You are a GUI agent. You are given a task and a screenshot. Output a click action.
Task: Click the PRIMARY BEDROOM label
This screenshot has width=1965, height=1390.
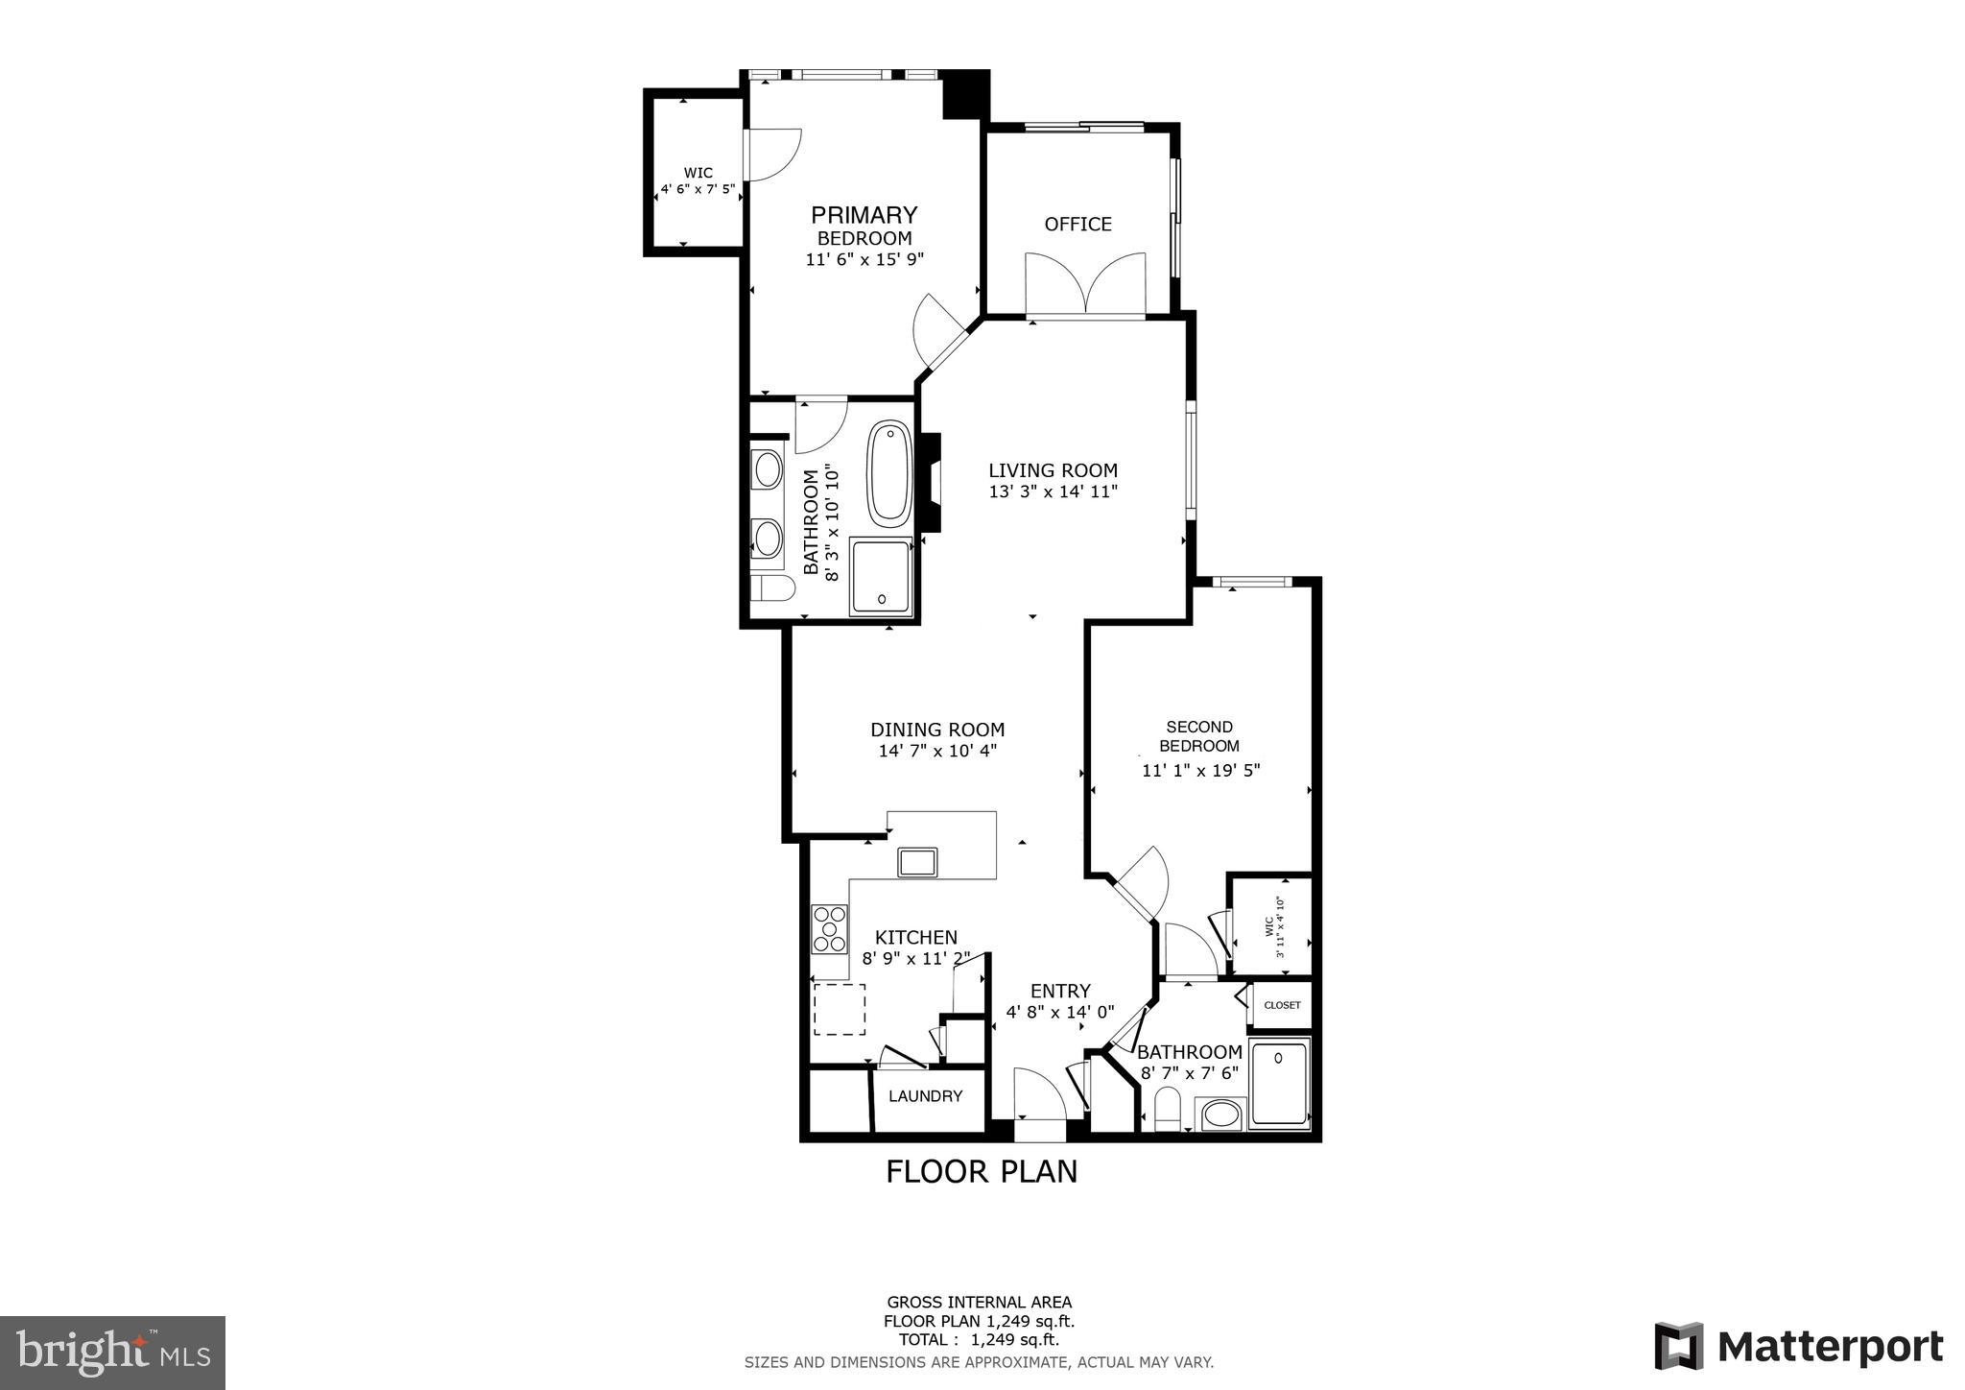[x=864, y=226]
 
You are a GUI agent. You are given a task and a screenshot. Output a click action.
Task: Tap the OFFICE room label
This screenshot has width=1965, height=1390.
[x=1077, y=224]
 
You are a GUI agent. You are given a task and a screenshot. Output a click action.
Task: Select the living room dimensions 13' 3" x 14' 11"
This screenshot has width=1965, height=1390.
[x=1053, y=491]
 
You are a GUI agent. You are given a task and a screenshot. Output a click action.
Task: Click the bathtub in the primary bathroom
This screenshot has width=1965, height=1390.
[x=889, y=473]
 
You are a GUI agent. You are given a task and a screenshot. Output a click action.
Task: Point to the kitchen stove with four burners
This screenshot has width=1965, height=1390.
[x=830, y=928]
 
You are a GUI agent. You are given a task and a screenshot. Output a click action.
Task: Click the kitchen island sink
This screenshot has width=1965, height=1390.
[x=917, y=862]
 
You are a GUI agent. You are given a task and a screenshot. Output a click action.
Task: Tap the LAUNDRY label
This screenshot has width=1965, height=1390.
[x=925, y=1096]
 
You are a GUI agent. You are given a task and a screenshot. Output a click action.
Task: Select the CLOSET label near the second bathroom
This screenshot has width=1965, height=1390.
[x=1282, y=1005]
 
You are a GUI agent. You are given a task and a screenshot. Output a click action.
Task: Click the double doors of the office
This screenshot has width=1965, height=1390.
[x=1085, y=284]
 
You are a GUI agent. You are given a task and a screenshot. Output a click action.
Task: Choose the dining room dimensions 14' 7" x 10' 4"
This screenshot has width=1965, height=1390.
[x=937, y=751]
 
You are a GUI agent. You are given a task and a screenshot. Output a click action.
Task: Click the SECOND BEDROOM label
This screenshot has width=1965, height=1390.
[x=1199, y=736]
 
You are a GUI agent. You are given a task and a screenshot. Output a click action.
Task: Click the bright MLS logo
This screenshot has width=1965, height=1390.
[x=112, y=1353]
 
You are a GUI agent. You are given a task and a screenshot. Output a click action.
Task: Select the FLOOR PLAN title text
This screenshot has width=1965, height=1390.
[x=981, y=1172]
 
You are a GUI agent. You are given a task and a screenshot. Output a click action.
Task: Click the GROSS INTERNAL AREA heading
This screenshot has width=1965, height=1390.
[x=979, y=1303]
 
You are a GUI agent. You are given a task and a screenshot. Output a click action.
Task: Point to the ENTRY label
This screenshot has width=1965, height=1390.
[x=1060, y=991]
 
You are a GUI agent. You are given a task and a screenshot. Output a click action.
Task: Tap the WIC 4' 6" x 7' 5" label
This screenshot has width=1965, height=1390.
[x=698, y=181]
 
